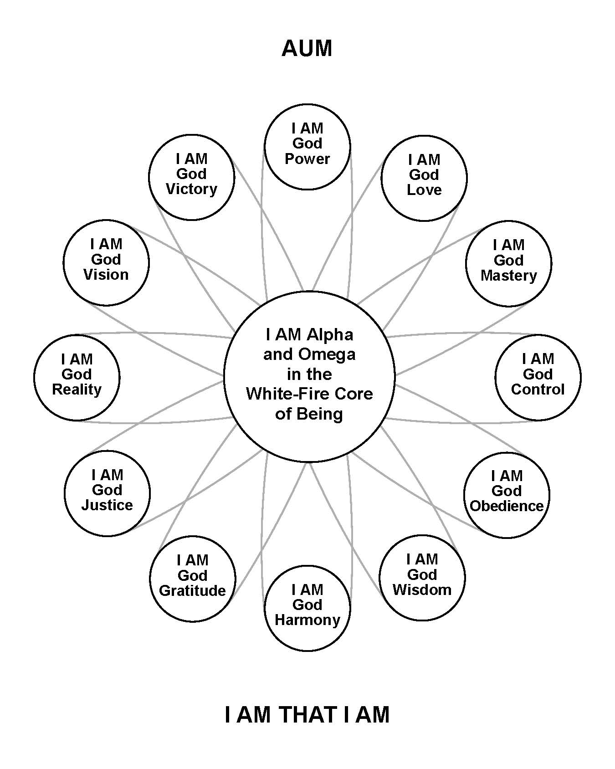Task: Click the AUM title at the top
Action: click(x=307, y=49)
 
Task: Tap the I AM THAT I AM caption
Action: click(x=307, y=714)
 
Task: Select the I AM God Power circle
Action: click(x=307, y=147)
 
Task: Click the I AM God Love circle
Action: click(x=424, y=178)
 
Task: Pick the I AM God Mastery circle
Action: click(x=508, y=263)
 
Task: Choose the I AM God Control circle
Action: click(x=538, y=377)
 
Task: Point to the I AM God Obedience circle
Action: click(x=507, y=494)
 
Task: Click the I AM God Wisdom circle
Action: click(x=422, y=578)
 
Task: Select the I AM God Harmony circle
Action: click(x=307, y=608)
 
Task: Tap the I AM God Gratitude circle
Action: click(x=193, y=579)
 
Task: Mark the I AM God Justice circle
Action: click(x=107, y=493)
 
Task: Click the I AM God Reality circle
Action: click(x=77, y=377)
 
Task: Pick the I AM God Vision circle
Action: click(x=106, y=262)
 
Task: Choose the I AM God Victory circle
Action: click(x=191, y=177)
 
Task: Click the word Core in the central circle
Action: click(x=354, y=394)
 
